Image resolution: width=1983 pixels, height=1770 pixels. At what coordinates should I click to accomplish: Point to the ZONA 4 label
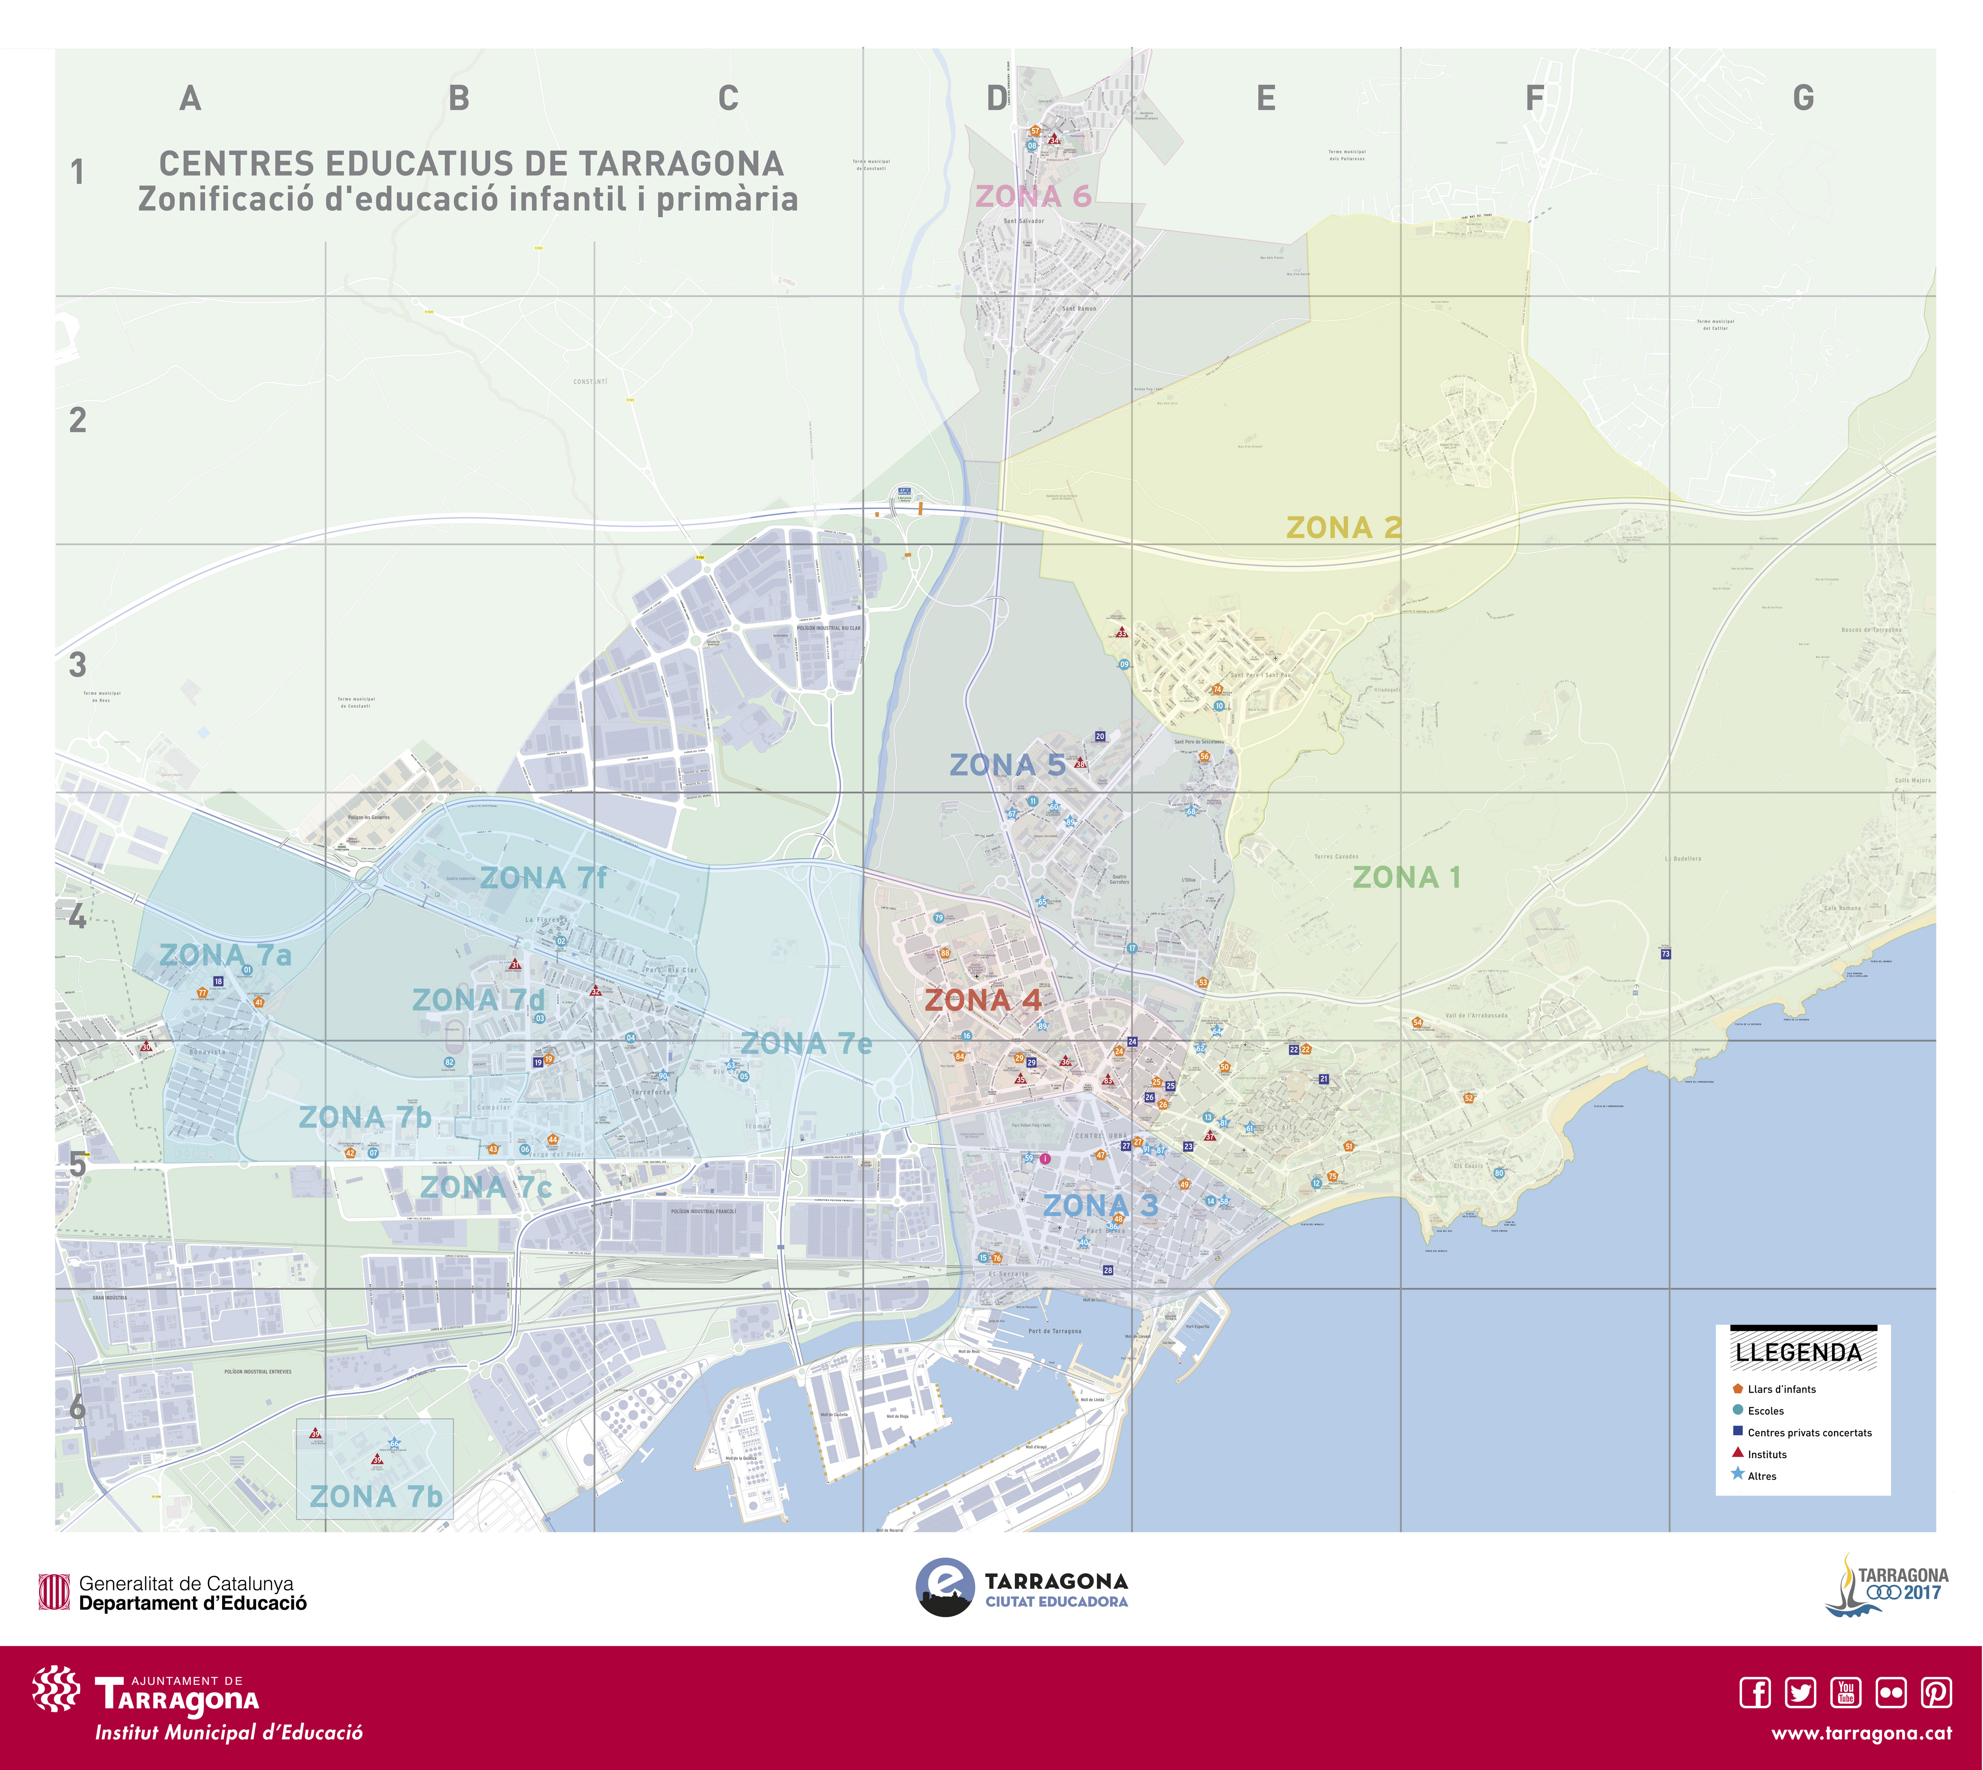(x=982, y=1000)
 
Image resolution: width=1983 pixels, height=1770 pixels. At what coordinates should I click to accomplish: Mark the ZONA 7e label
(x=806, y=1043)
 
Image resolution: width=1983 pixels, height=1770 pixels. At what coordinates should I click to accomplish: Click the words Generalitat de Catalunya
(x=186, y=1583)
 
